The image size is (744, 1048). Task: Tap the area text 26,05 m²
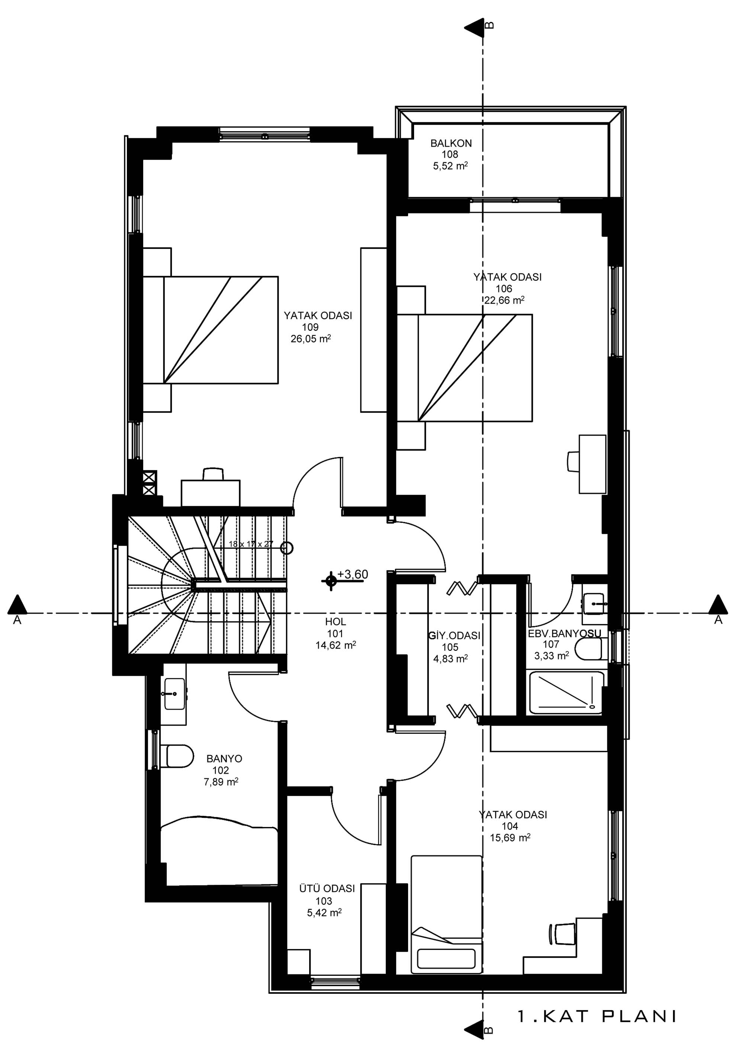pos(311,339)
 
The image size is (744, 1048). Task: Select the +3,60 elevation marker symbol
pos(330,580)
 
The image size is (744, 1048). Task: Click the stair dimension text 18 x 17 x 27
pos(251,544)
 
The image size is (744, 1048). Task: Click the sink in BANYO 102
pos(174,694)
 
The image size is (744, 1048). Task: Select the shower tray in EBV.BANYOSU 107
pos(566,692)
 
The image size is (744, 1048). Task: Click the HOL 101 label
pos(335,634)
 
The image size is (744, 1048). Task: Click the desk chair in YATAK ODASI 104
pos(561,933)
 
